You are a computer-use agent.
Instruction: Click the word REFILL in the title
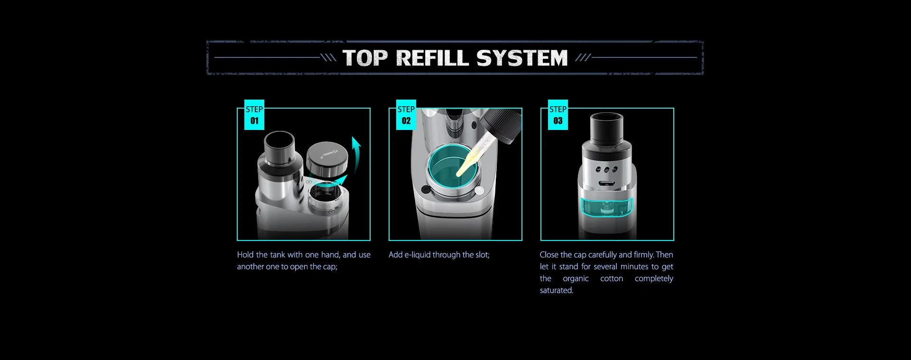[432, 58]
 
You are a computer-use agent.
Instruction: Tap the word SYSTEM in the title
[522, 58]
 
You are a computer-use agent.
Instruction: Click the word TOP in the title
[365, 58]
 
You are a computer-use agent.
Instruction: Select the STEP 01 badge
[254, 115]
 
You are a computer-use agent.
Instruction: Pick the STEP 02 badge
[406, 115]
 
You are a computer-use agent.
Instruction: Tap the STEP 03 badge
[558, 115]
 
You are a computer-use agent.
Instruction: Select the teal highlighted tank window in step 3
[607, 207]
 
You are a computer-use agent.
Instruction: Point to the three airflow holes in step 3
[606, 169]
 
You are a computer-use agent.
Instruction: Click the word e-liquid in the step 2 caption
[418, 255]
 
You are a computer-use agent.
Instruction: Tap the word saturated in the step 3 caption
[557, 290]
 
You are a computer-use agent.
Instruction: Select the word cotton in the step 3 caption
[612, 278]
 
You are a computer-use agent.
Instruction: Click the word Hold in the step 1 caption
[245, 255]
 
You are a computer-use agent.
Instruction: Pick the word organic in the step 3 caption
[576, 279]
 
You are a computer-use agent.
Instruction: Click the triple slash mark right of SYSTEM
[583, 58]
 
